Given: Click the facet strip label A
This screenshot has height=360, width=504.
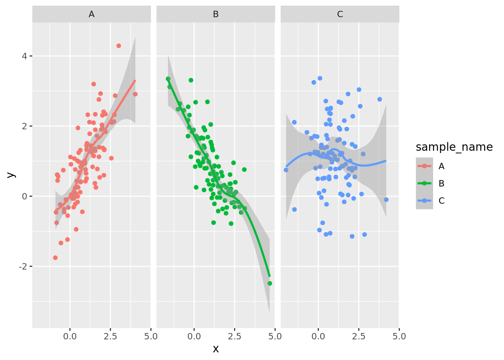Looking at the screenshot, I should tap(91, 14).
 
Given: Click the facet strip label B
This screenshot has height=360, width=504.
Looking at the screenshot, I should tap(216, 14).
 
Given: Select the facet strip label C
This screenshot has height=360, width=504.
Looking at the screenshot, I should tap(340, 14).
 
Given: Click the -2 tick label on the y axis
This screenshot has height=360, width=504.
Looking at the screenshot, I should tap(23, 267).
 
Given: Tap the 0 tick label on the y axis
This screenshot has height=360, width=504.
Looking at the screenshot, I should tap(25, 196).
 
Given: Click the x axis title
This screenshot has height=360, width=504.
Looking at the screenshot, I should tap(216, 349).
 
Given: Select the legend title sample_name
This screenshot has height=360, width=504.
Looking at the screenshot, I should tap(454, 147).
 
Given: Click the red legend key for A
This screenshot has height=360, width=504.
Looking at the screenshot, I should tap(424, 166).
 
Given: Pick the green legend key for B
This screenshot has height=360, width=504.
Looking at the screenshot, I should tap(424, 183).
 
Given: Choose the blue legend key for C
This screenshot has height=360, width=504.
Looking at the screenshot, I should tap(424, 201).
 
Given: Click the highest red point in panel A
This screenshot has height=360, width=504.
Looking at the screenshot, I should tap(118, 46).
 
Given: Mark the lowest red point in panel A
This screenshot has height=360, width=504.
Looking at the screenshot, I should tap(55, 258).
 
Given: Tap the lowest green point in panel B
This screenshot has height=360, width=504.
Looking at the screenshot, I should tap(270, 283).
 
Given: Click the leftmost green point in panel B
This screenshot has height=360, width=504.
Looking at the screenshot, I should tap(168, 79).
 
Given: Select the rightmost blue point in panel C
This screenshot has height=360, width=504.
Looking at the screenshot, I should tap(386, 200).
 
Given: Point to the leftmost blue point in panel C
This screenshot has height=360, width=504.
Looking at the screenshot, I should tap(286, 170).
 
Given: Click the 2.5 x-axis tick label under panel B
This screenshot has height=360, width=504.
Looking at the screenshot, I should tap(234, 336).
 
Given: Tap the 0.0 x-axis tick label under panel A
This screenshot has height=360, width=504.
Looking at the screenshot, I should tap(70, 336).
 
